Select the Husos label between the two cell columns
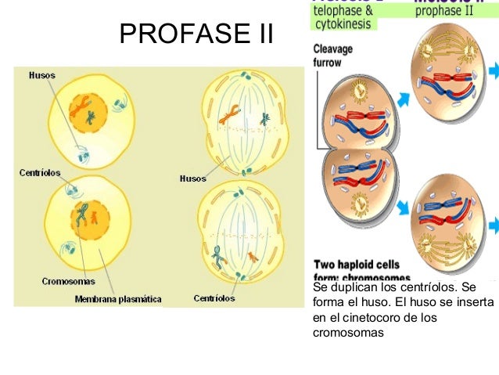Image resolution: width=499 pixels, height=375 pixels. [x=193, y=178]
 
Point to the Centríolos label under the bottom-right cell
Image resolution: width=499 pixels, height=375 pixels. [x=214, y=297]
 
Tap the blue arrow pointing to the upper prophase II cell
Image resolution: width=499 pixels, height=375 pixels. [x=404, y=99]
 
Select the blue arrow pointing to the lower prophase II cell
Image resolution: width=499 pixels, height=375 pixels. [x=404, y=207]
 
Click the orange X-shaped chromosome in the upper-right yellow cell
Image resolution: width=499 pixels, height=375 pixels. [x=229, y=118]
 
